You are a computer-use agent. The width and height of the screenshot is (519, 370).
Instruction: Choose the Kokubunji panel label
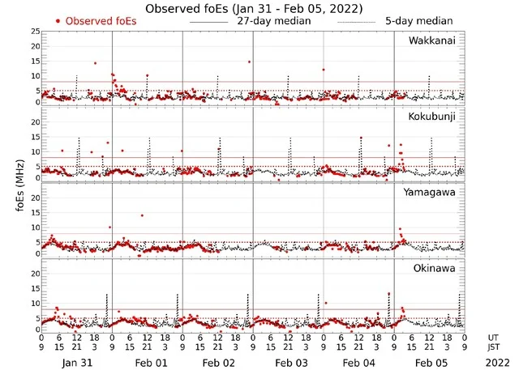coord(435,117)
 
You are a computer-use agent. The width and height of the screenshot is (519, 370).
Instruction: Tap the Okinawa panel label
coord(438,268)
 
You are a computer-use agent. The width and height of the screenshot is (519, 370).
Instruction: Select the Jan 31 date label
coord(77,363)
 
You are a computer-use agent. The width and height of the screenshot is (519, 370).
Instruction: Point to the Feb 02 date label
coord(218,363)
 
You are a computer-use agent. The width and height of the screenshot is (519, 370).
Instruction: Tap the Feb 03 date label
coord(289,363)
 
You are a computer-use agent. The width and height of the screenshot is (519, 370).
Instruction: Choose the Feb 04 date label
coord(359,363)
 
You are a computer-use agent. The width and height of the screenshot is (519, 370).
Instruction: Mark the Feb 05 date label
coord(430,363)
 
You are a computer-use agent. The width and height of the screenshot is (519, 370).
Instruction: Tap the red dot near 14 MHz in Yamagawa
coord(142,215)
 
